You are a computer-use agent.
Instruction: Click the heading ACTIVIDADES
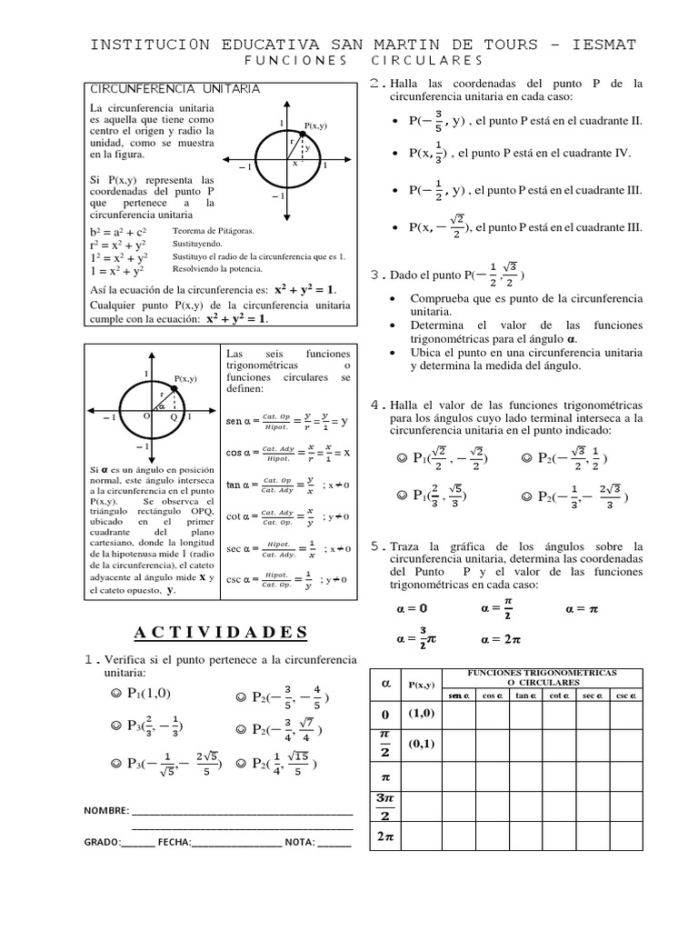click(x=221, y=633)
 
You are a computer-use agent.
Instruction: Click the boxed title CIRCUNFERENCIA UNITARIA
click(x=174, y=88)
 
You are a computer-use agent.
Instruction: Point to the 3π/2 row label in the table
click(x=384, y=806)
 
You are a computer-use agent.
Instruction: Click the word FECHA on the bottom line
click(x=174, y=843)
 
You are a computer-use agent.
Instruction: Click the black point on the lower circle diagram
click(x=173, y=388)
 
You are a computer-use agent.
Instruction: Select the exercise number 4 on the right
click(x=375, y=404)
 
